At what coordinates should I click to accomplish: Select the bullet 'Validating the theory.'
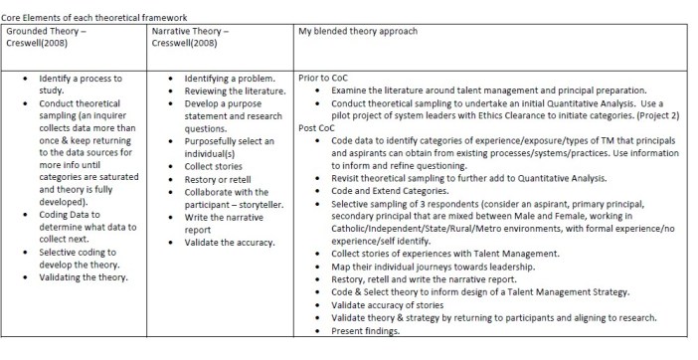coord(84,277)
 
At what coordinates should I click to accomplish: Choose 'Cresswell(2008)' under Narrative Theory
coord(188,45)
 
